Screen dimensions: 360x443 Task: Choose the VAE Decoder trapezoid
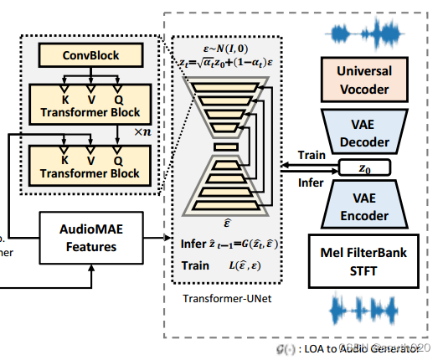tap(363, 132)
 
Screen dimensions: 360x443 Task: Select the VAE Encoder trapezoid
tap(363, 207)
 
